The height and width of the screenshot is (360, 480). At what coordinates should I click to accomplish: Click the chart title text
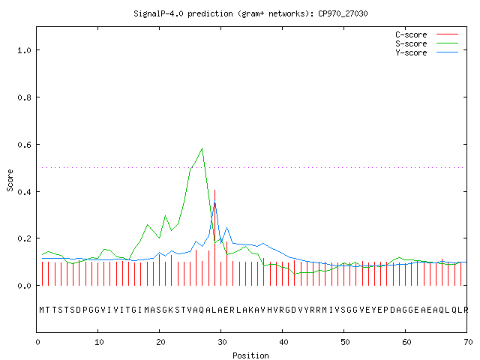[x=250, y=13]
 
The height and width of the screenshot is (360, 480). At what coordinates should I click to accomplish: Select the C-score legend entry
[x=427, y=34]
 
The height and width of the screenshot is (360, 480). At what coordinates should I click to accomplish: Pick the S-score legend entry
[x=427, y=43]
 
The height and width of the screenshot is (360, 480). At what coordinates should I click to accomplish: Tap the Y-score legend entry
[x=427, y=52]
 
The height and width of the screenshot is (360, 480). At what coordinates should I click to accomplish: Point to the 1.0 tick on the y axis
[x=24, y=50]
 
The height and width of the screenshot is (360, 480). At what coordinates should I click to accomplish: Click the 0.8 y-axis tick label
[x=24, y=97]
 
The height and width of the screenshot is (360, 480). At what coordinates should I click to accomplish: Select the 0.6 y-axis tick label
[x=24, y=145]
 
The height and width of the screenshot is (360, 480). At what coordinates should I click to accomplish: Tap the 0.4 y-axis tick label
[x=24, y=192]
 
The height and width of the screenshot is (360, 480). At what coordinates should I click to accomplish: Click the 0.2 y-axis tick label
[x=24, y=238]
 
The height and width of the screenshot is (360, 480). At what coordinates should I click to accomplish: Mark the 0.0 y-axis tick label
[x=24, y=286]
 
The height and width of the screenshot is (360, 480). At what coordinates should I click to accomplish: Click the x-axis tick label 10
[x=99, y=342]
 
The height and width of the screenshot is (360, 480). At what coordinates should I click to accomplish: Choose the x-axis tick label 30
[x=222, y=342]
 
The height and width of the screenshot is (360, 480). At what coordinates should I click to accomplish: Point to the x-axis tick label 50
[x=345, y=342]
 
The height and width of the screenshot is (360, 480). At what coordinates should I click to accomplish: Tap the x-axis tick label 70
[x=468, y=342]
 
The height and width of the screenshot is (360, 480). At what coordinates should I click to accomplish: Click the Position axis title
[x=250, y=355]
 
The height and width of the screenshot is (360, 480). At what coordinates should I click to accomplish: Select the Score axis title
[x=10, y=180]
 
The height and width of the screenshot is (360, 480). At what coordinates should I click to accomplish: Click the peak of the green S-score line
[x=202, y=148]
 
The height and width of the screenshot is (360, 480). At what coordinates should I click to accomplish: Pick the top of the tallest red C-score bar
[x=215, y=190]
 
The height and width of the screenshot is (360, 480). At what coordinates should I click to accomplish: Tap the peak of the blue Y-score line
[x=215, y=201]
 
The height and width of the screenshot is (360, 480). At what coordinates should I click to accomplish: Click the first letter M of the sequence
[x=42, y=310]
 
